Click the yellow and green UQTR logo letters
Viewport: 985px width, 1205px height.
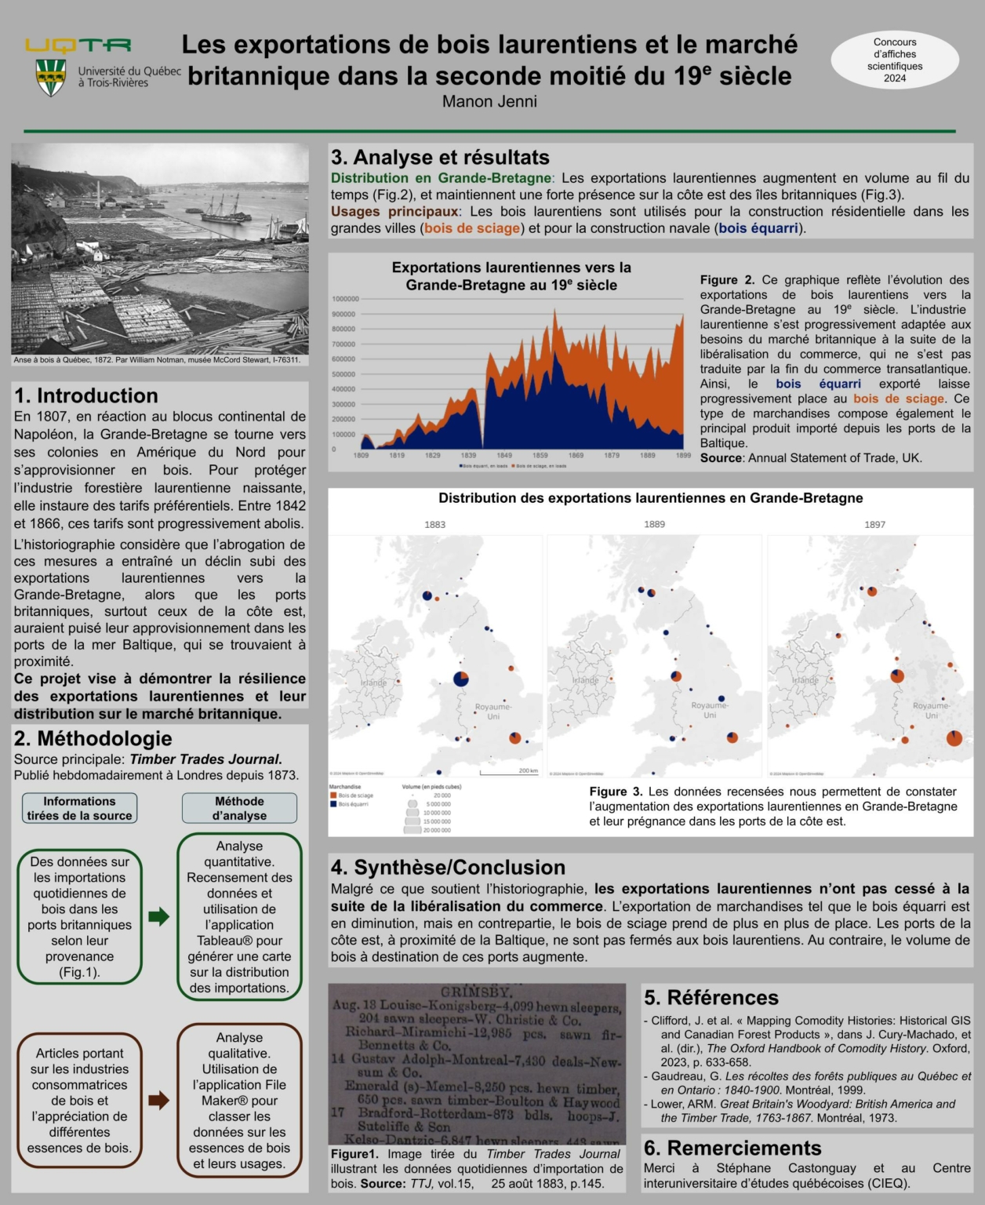click(78, 46)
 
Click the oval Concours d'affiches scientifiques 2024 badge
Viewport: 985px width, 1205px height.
click(895, 60)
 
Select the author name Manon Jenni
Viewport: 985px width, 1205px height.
click(489, 101)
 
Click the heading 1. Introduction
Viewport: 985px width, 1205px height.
click(86, 395)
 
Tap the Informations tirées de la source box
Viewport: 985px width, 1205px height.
click(79, 808)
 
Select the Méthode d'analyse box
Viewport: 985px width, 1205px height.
click(239, 808)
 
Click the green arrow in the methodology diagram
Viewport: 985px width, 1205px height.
click(159, 916)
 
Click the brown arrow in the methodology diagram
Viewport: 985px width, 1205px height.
click(159, 1100)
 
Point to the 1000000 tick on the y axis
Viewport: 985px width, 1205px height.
click(345, 299)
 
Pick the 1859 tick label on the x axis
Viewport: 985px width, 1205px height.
click(540, 455)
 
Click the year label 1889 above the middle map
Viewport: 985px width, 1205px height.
click(654, 524)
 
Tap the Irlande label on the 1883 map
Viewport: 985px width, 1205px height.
click(373, 683)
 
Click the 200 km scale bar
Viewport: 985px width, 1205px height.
click(509, 773)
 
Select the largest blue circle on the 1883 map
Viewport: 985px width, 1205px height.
click(461, 679)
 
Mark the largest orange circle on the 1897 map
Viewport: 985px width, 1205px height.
click(954, 738)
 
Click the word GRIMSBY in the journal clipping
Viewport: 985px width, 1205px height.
click(477, 992)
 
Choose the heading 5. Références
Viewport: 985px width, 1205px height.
click(711, 997)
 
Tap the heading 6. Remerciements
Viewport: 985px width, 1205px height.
click(732, 1148)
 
